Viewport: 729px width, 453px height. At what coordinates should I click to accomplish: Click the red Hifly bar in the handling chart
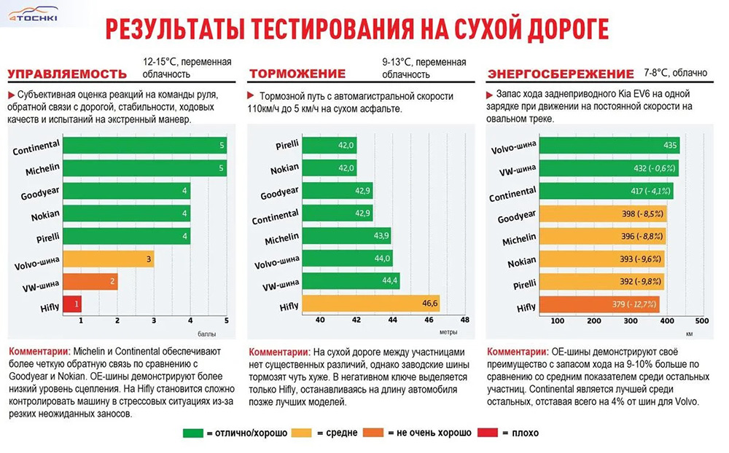[x=71, y=304]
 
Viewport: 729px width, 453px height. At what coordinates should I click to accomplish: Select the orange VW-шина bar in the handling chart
[x=90, y=281]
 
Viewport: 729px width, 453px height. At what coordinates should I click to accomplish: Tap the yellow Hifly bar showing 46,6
[x=371, y=303]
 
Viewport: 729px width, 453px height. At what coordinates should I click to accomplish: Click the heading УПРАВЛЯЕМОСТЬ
[x=66, y=74]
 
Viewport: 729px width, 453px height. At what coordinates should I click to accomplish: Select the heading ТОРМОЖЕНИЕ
[x=297, y=74]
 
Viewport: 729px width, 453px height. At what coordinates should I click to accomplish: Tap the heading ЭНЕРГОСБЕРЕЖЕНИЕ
[x=561, y=74]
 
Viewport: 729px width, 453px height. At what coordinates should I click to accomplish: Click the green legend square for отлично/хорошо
[x=193, y=433]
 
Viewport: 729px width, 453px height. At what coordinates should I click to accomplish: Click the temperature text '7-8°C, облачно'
[x=675, y=73]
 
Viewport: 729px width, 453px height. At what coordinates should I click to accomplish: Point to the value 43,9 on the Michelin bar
[x=382, y=235]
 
